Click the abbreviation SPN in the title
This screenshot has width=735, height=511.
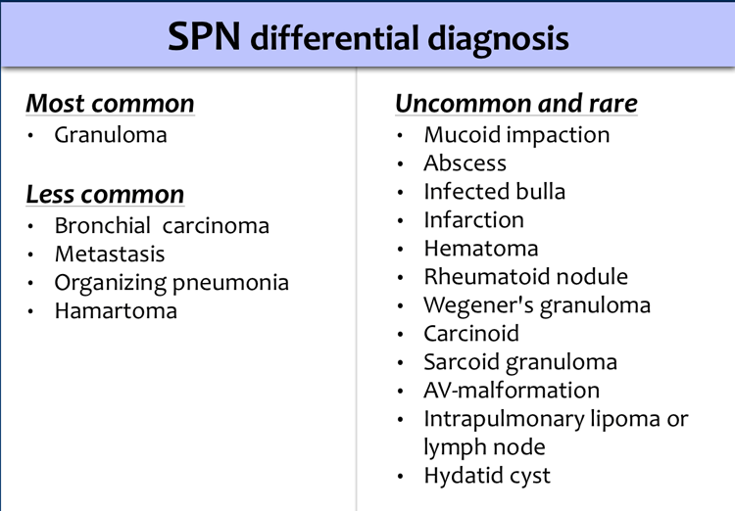point(205,36)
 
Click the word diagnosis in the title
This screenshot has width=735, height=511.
point(498,39)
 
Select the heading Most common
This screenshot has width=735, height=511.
point(110,103)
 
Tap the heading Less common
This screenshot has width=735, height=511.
point(105,194)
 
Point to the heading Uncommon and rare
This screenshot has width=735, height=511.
point(516,103)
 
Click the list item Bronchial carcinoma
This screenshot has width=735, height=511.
point(162,225)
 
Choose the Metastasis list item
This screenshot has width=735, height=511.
point(110,254)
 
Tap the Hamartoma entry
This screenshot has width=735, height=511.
point(116,310)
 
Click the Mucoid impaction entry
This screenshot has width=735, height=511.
point(516,135)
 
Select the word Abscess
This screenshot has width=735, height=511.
point(465,163)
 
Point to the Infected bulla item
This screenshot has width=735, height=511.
point(495,191)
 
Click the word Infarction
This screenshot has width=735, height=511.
point(474,219)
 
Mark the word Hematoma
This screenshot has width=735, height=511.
point(481,249)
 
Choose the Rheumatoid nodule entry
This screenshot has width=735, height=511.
point(526,276)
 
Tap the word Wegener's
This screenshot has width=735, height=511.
point(478,305)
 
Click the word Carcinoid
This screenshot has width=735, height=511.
point(471,334)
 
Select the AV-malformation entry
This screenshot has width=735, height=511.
point(512,391)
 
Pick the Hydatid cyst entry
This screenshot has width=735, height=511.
point(487,477)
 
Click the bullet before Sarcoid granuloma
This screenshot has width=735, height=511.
point(400,363)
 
